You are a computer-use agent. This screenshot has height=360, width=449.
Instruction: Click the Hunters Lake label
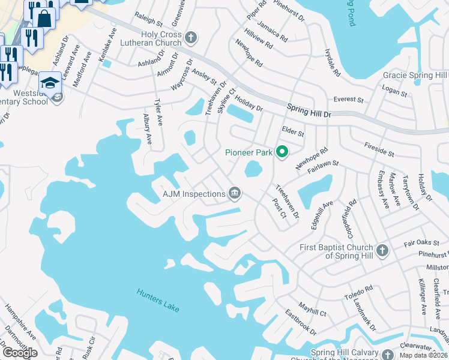[x=158, y=298]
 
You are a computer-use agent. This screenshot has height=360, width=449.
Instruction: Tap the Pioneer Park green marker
[x=282, y=152]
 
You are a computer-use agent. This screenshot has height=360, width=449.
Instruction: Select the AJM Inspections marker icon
[x=235, y=193]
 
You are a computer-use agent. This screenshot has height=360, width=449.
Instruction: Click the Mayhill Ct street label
[x=313, y=312]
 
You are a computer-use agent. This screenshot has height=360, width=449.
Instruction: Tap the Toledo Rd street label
[x=358, y=293]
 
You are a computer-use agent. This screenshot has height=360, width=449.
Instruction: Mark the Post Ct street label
[x=279, y=209]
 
